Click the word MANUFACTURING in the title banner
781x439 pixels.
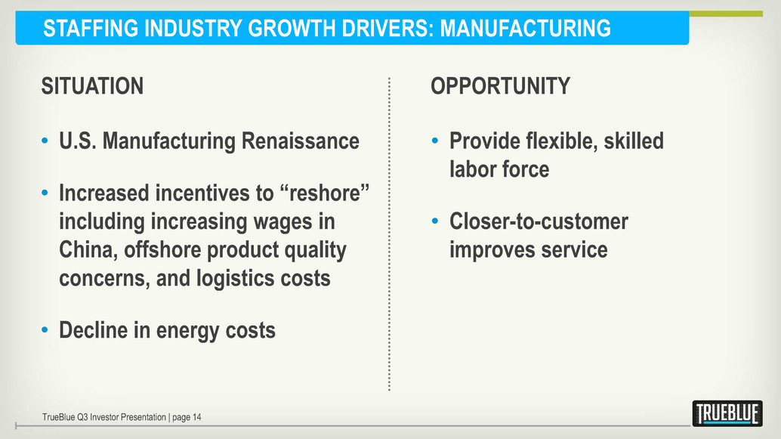point(526,28)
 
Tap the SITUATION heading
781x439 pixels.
point(93,85)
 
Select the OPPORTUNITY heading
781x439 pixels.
point(501,85)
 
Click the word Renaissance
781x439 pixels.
point(301,141)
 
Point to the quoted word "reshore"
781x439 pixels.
point(329,193)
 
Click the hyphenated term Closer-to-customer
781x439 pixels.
point(539,221)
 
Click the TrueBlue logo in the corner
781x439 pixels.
point(727,413)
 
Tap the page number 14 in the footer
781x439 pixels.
point(196,417)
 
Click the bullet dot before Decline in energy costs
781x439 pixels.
point(45,330)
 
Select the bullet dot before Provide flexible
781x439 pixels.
point(435,141)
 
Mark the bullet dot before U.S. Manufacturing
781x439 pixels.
point(45,141)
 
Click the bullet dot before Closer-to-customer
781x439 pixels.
point(435,221)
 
